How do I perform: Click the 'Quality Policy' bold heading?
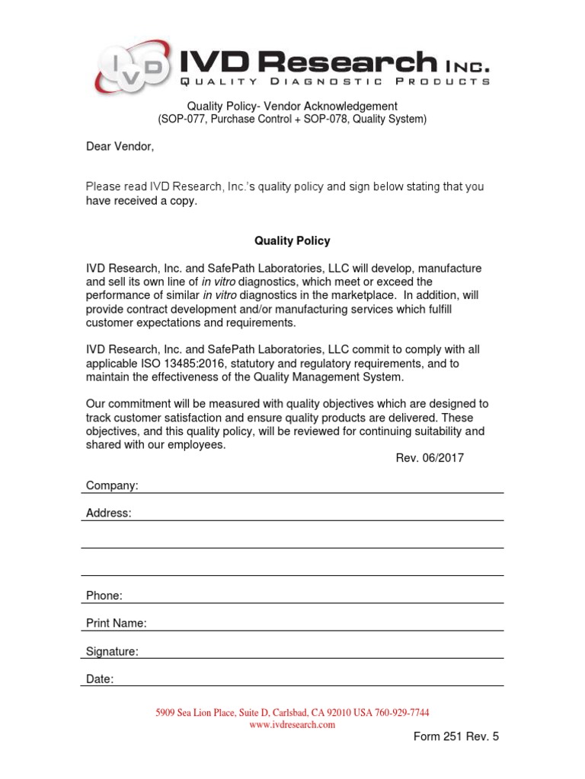point(292,241)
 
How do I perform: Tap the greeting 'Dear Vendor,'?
point(120,147)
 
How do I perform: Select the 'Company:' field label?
point(112,485)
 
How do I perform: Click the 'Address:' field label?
point(109,514)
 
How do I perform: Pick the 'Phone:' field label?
point(104,596)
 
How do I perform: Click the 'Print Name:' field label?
point(117,623)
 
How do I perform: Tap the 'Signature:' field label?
point(112,651)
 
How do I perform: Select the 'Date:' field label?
point(100,679)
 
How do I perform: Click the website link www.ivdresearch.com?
point(292,725)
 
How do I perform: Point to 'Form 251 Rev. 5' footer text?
point(456,736)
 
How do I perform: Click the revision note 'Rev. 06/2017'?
point(430,458)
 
